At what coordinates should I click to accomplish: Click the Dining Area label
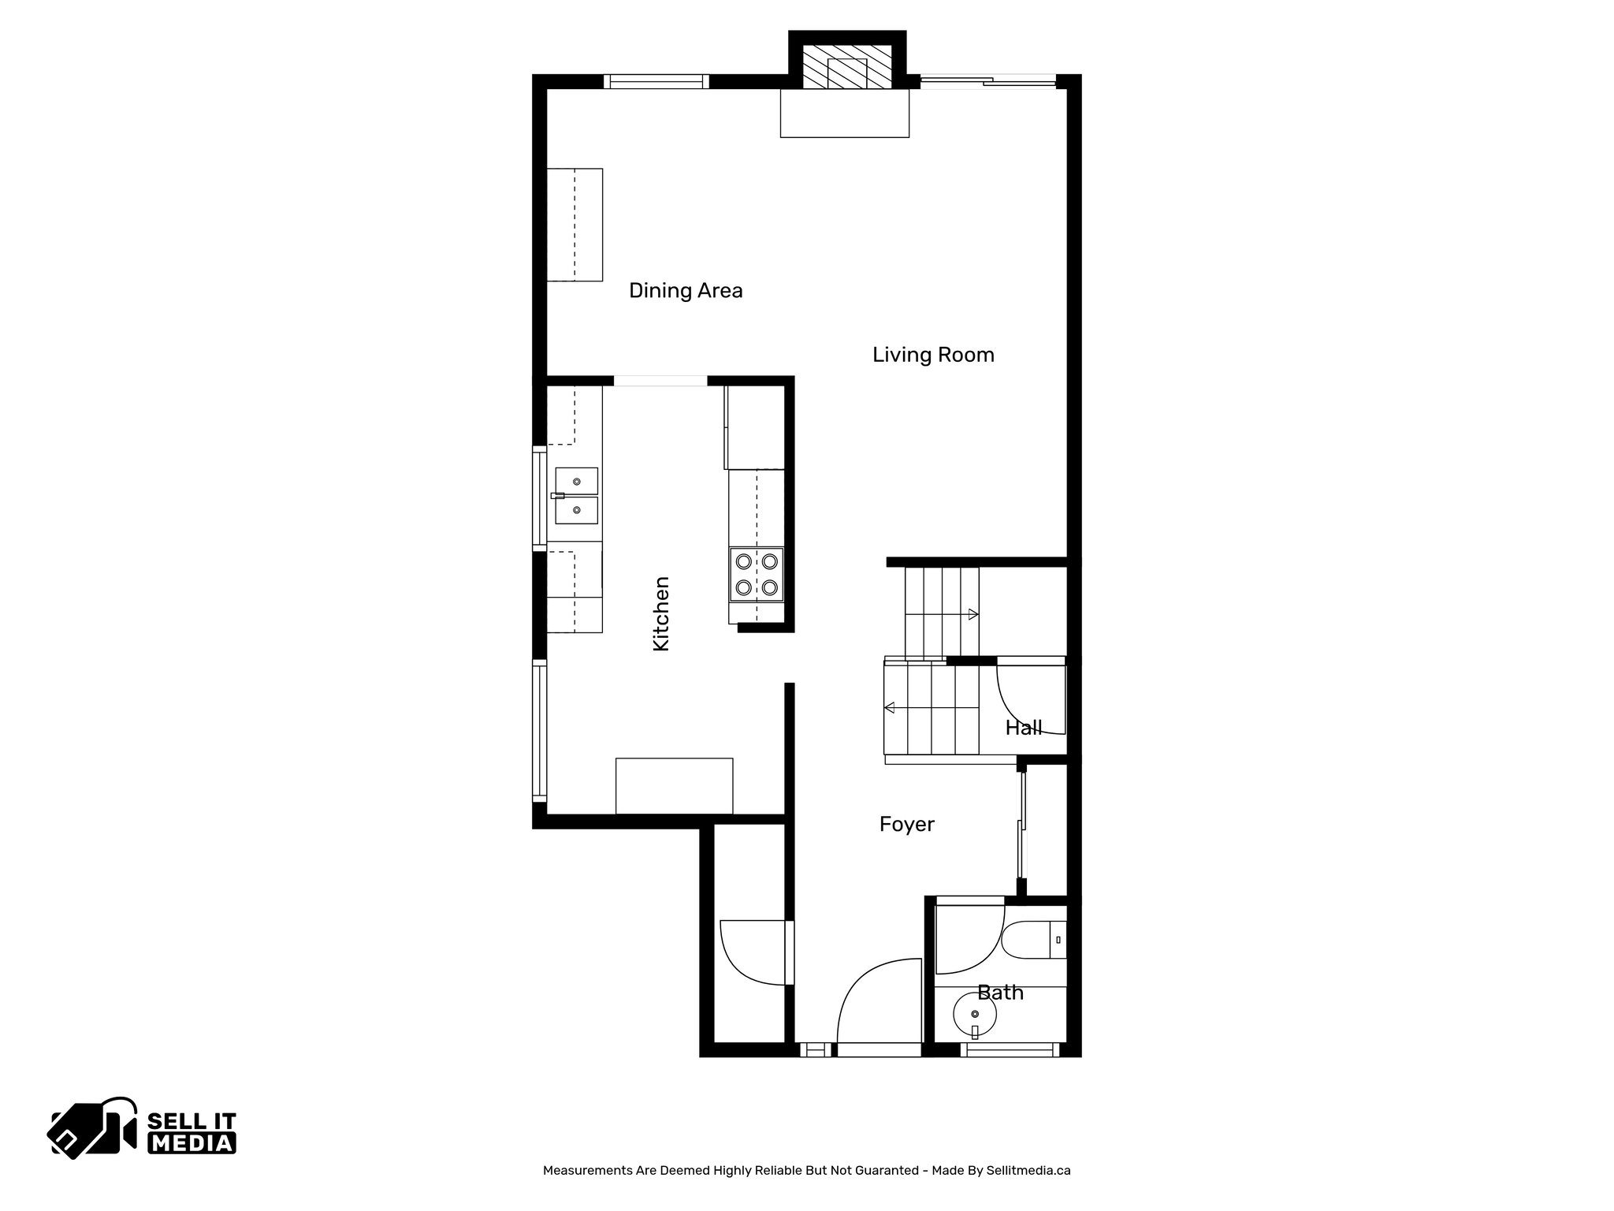[686, 291]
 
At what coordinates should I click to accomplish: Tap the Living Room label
[933, 355]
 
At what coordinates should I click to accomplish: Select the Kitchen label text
[661, 613]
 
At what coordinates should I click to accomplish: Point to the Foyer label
[906, 825]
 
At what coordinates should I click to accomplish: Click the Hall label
[1023, 728]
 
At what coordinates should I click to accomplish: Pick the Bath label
[1000, 993]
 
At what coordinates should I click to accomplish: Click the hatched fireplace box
[846, 73]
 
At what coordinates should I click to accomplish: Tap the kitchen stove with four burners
[757, 574]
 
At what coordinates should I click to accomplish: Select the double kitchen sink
[576, 496]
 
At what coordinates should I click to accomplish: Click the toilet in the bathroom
[1034, 940]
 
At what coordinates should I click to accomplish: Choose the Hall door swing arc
[1028, 698]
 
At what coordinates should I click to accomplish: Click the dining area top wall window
[656, 80]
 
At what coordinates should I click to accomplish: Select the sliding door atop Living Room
[987, 80]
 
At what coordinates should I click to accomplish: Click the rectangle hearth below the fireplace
[844, 113]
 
